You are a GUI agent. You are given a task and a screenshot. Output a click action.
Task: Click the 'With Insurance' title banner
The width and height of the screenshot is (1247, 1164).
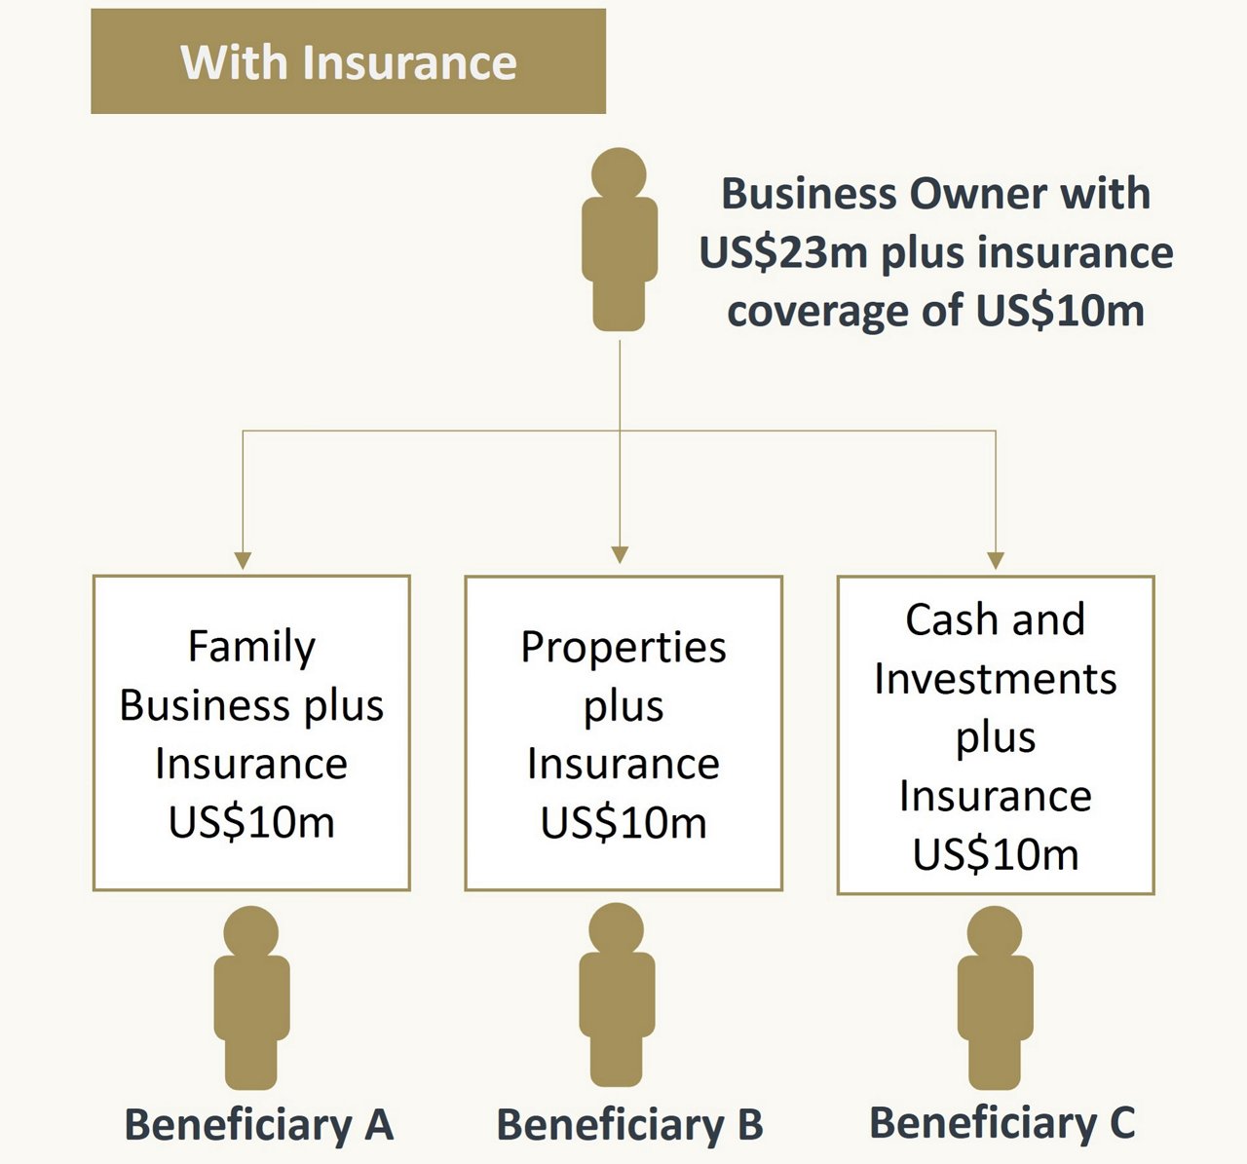point(349,61)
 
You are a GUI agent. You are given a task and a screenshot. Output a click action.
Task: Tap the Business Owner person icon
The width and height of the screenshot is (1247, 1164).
point(619,240)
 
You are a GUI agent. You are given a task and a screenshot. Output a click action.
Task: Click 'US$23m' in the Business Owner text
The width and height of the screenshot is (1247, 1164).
point(783,253)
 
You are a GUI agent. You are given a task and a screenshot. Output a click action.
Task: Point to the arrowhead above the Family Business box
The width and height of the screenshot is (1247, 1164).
point(243,560)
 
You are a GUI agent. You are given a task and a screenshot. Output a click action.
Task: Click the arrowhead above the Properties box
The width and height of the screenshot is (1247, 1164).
point(620,554)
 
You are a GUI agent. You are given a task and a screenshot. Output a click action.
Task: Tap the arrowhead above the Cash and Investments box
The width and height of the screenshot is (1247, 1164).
point(996,560)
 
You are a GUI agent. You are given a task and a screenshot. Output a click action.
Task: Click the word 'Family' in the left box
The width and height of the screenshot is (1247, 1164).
point(251,648)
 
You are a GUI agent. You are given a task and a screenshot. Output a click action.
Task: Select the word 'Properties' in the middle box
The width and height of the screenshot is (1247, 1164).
point(623,648)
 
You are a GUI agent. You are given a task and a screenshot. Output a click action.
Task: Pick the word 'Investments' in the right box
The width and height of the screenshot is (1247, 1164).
point(996,679)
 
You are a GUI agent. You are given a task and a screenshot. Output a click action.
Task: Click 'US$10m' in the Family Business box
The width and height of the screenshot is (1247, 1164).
point(251,823)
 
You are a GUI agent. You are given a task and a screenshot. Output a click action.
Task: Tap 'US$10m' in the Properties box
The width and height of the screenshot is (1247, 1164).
point(623,823)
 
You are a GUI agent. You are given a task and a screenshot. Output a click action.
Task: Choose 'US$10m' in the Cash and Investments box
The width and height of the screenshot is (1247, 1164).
point(996,855)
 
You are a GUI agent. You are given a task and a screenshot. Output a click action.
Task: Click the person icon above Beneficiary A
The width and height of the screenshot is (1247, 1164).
point(251,997)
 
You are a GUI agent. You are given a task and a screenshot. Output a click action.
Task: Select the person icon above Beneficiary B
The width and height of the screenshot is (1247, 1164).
point(617,995)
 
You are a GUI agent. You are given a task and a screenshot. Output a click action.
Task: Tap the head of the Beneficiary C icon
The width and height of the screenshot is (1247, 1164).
point(995,932)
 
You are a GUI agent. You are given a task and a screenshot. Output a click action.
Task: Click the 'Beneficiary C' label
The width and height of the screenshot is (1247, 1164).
point(1002,1123)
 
